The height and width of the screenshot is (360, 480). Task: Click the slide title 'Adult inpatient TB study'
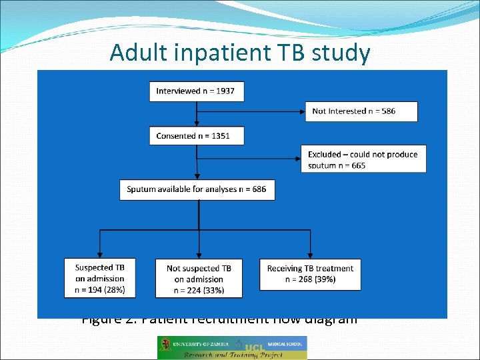point(239,52)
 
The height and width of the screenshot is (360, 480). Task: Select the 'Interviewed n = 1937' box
point(196,91)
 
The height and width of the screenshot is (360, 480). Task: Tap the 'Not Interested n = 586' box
point(361,111)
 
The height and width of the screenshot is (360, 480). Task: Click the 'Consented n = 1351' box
point(196,135)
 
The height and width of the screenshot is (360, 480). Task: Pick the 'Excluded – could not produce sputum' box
point(363,159)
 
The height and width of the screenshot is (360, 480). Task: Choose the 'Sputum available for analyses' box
point(197,189)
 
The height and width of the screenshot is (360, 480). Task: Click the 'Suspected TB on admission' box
point(99,278)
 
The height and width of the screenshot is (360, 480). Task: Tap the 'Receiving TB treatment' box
point(310,274)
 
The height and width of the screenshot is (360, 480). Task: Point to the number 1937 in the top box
point(223,91)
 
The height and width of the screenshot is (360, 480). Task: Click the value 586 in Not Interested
point(387,111)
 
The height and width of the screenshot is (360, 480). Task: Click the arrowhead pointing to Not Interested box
point(302,111)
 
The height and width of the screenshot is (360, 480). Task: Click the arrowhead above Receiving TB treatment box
point(310,255)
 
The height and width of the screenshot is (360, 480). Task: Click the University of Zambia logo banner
point(231,347)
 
